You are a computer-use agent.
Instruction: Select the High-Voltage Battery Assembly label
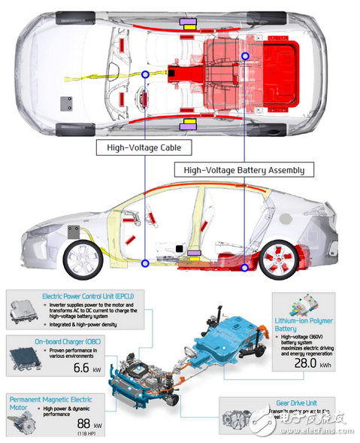click(244, 170)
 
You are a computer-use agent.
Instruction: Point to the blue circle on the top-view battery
click(245, 56)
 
